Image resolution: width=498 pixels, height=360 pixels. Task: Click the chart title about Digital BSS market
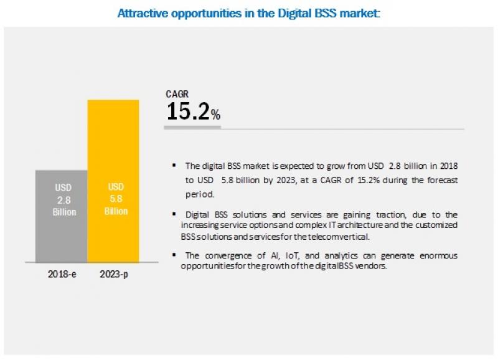tap(248, 11)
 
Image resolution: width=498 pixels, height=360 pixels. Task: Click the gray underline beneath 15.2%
tap(192, 127)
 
